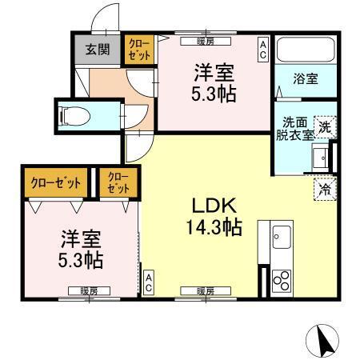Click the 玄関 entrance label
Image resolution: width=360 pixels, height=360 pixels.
click(x=98, y=49)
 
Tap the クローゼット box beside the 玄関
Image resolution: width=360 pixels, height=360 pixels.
click(x=138, y=50)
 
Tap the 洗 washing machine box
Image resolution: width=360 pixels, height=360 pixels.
click(x=324, y=126)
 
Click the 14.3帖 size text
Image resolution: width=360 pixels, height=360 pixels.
click(x=210, y=227)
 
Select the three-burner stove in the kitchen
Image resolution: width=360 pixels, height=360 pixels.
click(x=282, y=280)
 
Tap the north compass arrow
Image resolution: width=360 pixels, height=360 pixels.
click(x=326, y=341)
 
